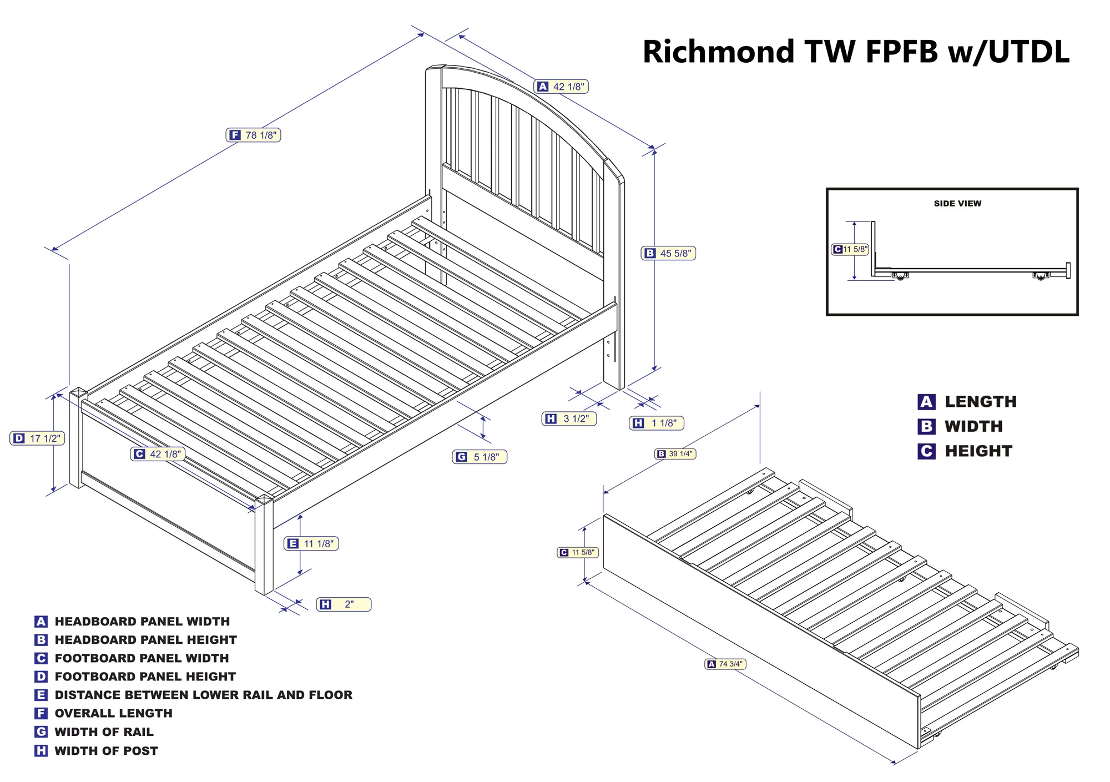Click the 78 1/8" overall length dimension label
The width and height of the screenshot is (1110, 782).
pos(253,135)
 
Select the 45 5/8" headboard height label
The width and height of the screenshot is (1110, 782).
pos(668,253)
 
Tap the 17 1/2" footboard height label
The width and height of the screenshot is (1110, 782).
pos(38,438)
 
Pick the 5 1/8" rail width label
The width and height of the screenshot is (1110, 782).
pos(480,457)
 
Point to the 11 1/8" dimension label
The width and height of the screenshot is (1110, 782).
pos(311,543)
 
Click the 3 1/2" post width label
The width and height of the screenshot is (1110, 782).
pos(569,418)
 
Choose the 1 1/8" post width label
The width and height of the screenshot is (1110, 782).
pos(657,423)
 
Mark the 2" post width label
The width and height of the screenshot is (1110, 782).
pos(344,604)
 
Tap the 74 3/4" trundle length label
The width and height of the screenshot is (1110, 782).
pos(725,664)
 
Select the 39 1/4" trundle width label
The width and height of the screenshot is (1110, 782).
pos(675,454)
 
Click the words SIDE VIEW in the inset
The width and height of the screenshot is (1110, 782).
pos(957,204)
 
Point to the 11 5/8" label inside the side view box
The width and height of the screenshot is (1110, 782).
pos(850,250)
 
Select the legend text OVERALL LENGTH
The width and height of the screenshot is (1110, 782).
pos(113,713)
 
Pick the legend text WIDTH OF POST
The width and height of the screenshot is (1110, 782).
pos(106,751)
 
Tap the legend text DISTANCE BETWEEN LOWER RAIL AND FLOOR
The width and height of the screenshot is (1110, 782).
pos(203,695)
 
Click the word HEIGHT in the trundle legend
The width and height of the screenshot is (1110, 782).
pos(978,451)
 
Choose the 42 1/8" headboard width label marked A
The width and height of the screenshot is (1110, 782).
pos(561,87)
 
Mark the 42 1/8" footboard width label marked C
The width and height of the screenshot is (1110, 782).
pos(158,454)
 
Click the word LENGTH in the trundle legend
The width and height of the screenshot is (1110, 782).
pos(981,402)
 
